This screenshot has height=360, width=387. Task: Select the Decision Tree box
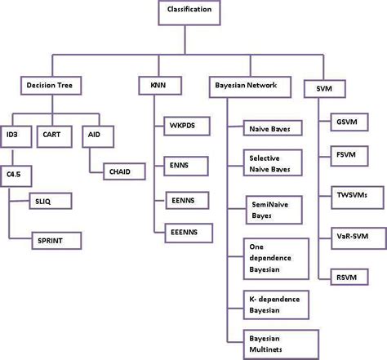point(53,84)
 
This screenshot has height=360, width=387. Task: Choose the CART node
point(56,134)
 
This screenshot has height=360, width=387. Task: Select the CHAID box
point(125,172)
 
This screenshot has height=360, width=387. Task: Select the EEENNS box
point(185,233)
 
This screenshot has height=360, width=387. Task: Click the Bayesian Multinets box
point(276,342)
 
